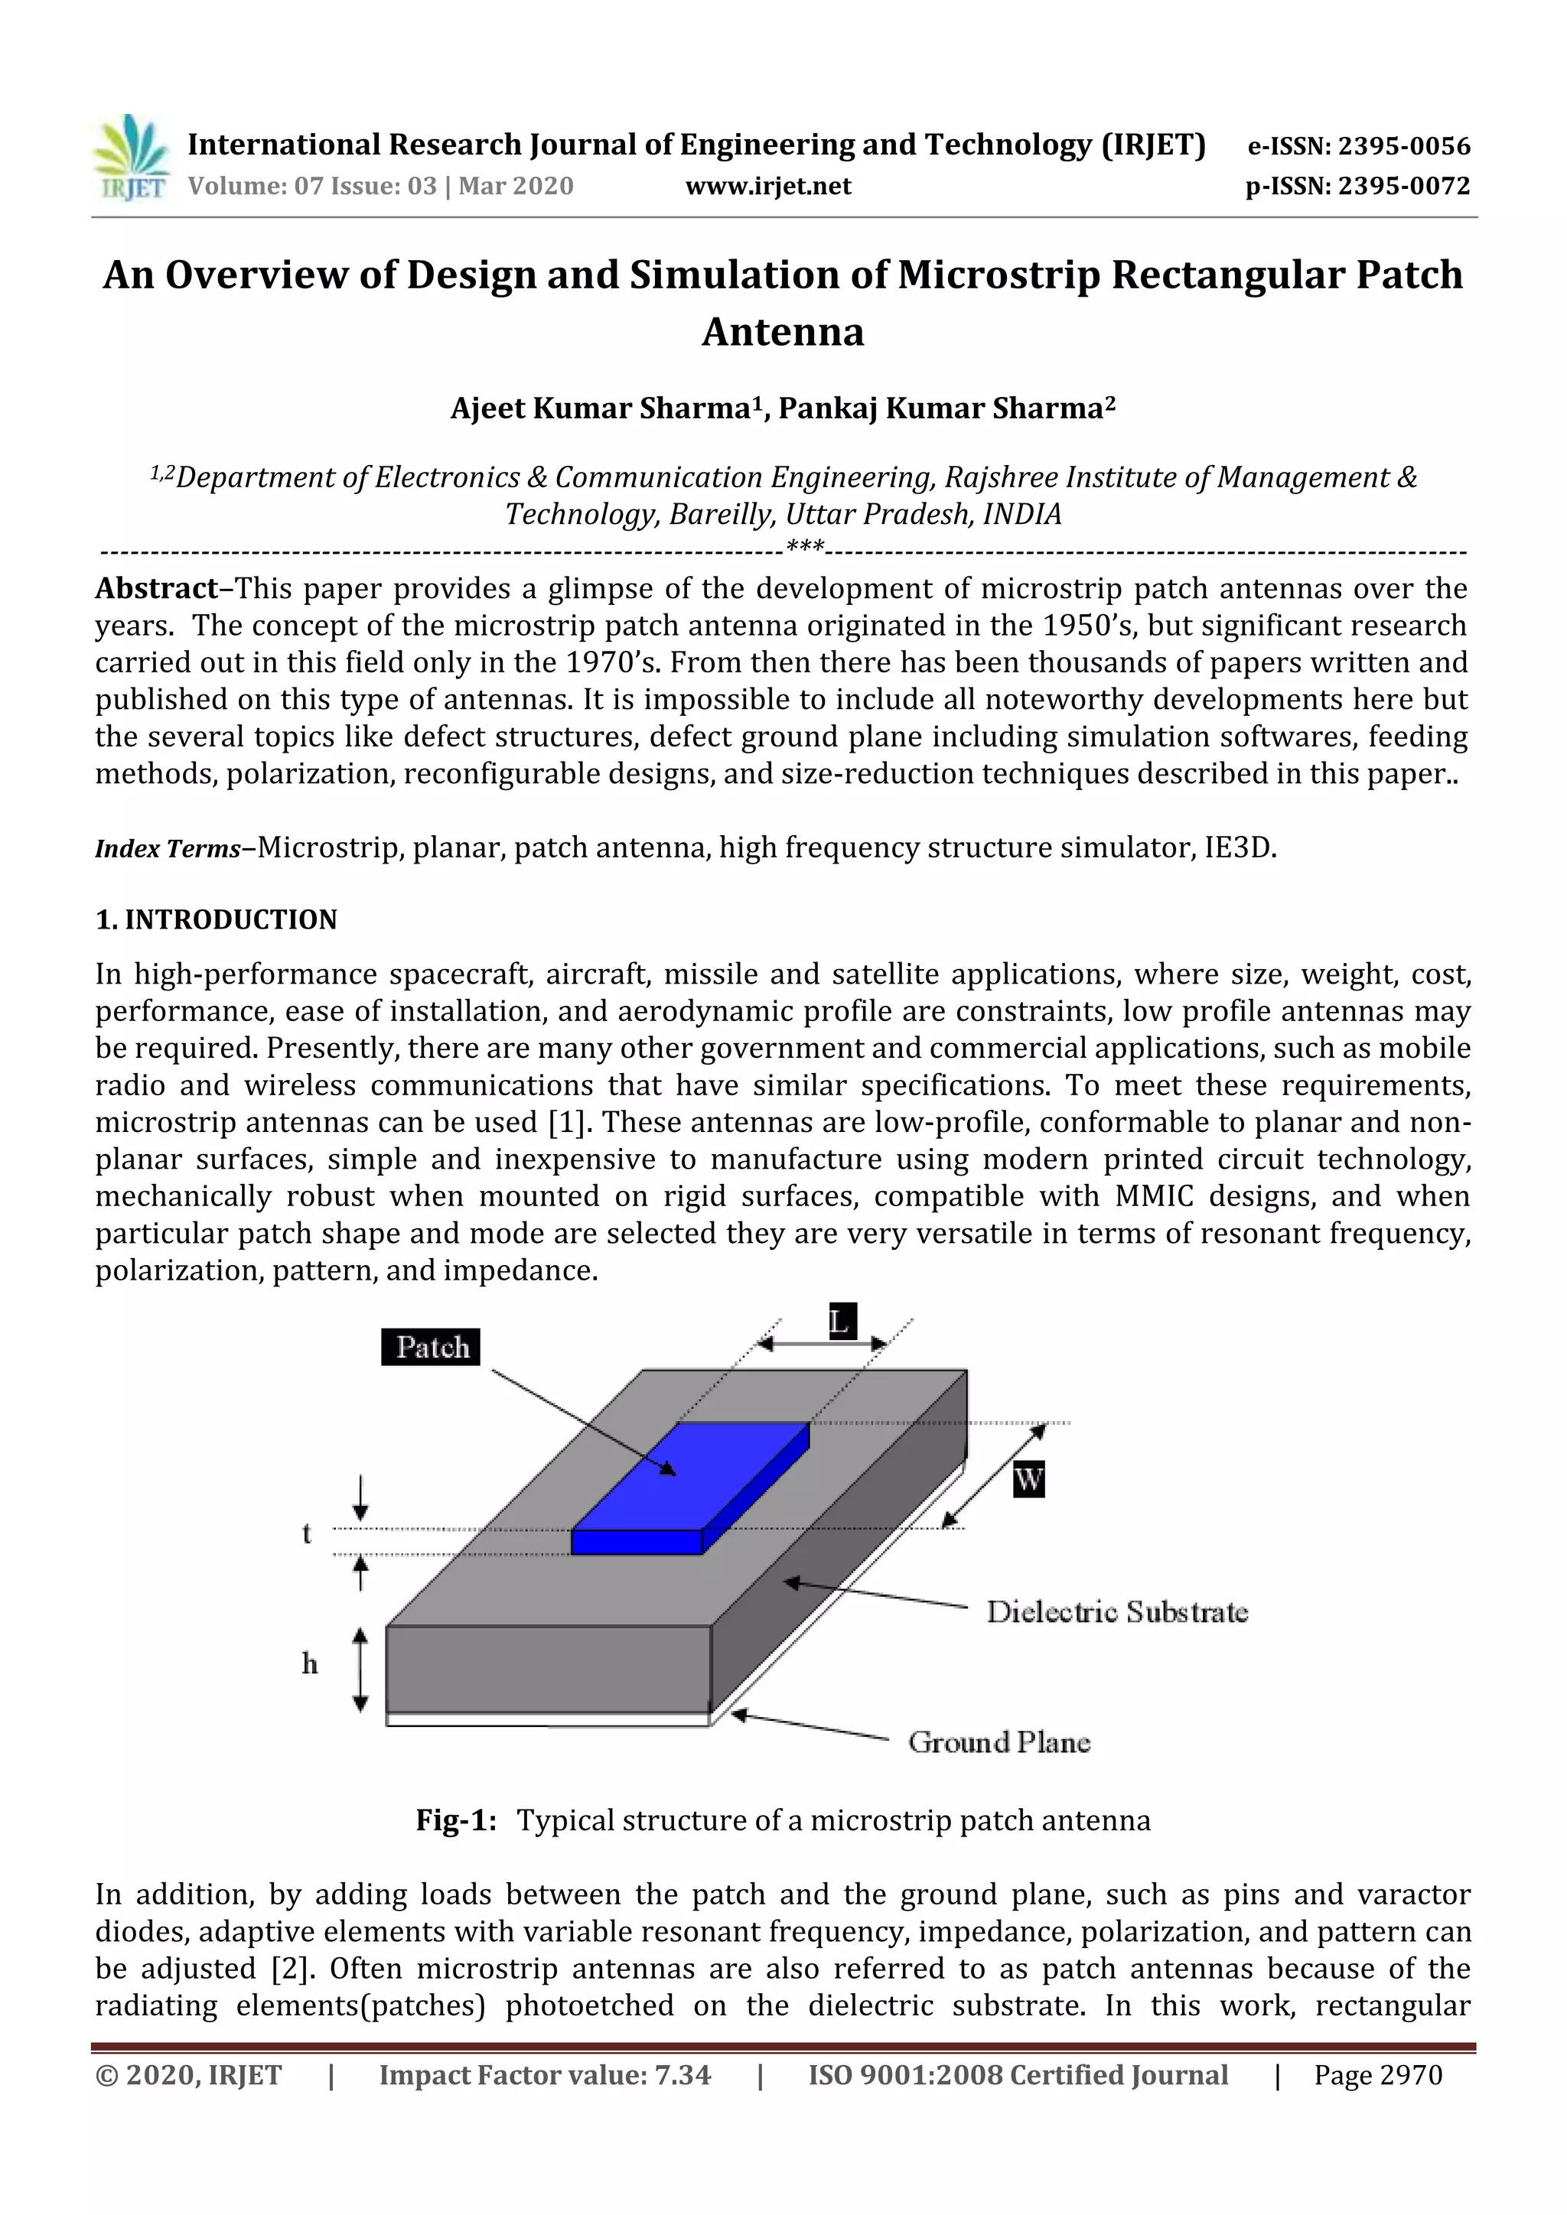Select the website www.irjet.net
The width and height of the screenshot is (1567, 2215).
coord(768,186)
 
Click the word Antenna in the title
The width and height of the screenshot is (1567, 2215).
coord(783,332)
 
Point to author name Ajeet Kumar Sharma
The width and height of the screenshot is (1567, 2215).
coord(600,408)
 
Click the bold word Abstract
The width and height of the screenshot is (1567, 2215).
coord(156,588)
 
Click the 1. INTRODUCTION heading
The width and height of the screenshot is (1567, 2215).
coord(216,919)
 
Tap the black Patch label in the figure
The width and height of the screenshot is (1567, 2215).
coord(432,1347)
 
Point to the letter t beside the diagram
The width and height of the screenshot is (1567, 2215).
coord(307,1533)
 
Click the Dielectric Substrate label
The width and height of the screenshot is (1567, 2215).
coord(1116,1612)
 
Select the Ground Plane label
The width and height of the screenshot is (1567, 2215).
coord(999,1742)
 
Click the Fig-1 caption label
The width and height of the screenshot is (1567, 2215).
coord(455,1820)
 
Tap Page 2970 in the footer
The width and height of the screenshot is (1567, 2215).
coord(1377,2075)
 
